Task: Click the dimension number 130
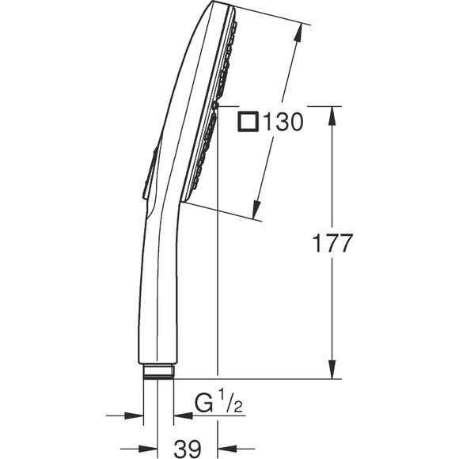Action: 283,122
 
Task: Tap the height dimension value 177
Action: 332,243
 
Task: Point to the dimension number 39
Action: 188,448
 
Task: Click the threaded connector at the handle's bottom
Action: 158,371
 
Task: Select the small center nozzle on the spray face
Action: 214,106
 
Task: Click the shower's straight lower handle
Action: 158,301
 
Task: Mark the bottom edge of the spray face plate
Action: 186,199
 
